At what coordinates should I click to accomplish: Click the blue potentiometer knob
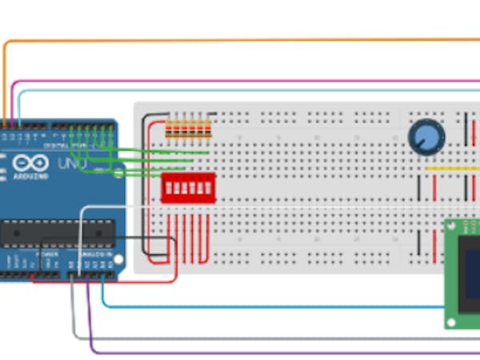pyautogui.click(x=426, y=137)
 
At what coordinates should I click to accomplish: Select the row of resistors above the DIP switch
pyautogui.click(x=188, y=128)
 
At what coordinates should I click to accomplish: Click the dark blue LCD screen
pyautogui.click(x=472, y=272)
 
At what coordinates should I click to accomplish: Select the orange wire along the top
pyautogui.click(x=240, y=39)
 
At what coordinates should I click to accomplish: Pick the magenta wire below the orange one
pyautogui.click(x=240, y=81)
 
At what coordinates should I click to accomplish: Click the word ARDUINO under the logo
pyautogui.click(x=30, y=176)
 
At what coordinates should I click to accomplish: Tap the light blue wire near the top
pyautogui.click(x=240, y=90)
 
